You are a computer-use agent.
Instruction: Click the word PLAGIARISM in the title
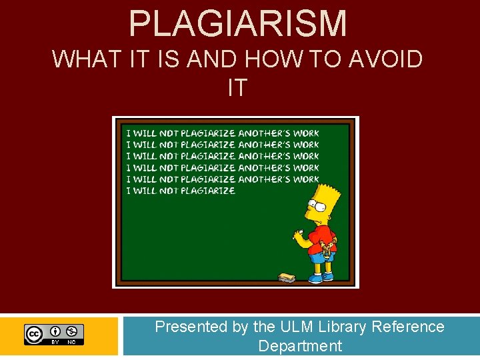point(238,23)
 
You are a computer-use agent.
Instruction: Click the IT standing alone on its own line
point(237,87)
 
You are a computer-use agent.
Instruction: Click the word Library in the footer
point(343,327)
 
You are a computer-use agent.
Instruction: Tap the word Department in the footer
point(299,346)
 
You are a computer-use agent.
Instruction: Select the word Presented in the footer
point(191,327)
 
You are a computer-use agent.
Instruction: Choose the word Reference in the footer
point(408,327)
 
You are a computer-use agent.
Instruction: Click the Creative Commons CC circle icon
point(34,333)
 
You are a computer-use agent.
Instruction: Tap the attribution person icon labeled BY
point(55,331)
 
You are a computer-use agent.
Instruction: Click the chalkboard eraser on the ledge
point(287,276)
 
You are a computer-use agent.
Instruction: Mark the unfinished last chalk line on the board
point(181,191)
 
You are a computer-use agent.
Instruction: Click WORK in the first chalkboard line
point(306,133)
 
